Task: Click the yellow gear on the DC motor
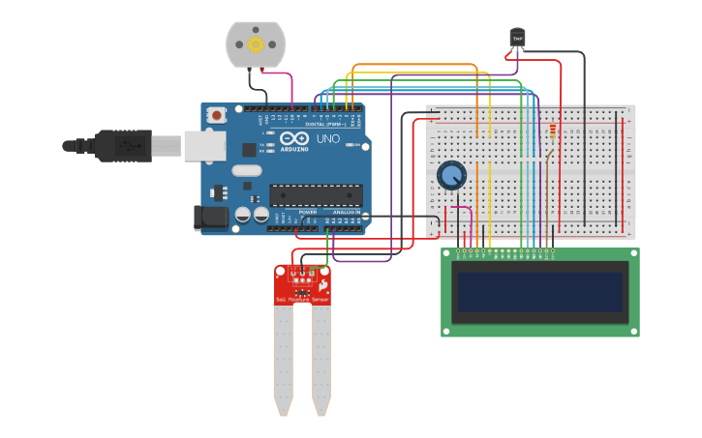[x=256, y=44]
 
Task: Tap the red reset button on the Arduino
[x=216, y=115]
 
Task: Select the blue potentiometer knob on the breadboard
[x=451, y=175]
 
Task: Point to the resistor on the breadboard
[x=553, y=131]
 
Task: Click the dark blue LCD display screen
[x=540, y=292]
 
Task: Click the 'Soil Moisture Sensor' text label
[x=302, y=301]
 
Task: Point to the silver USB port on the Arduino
[x=204, y=146]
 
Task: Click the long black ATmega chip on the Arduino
[x=317, y=194]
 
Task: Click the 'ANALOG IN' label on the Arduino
[x=346, y=212]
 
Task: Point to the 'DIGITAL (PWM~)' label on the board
[x=326, y=125]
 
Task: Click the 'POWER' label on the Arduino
[x=307, y=212]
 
